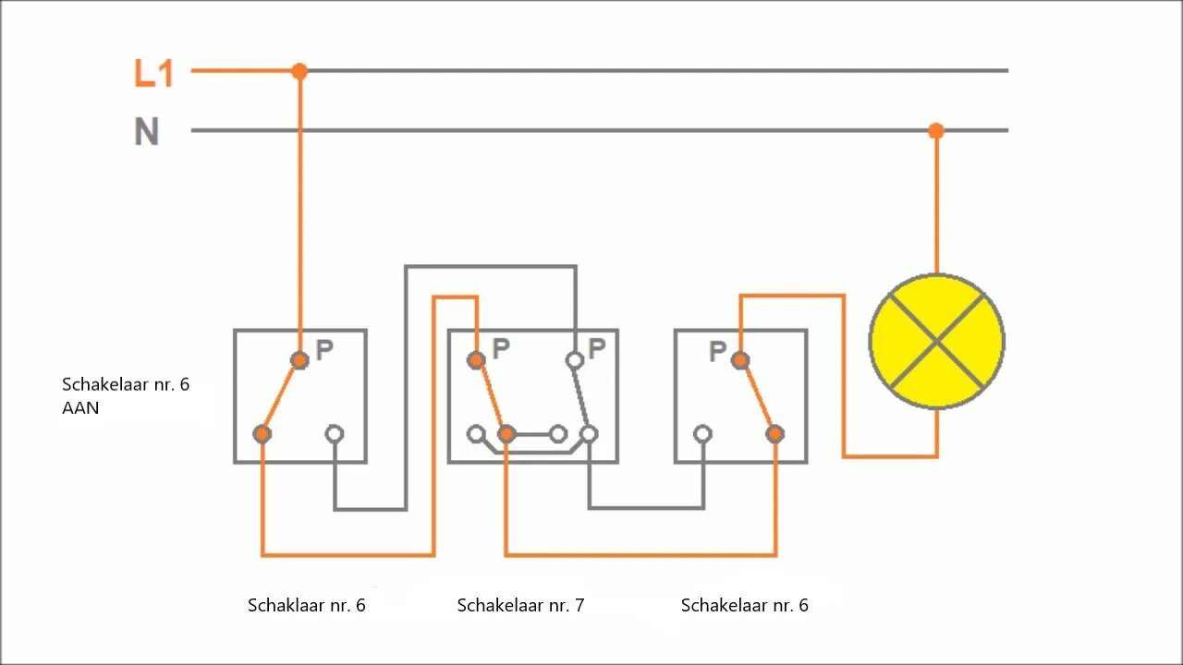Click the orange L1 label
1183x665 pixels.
click(153, 73)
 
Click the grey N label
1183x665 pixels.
click(147, 132)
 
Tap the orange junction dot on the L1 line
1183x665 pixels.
click(299, 71)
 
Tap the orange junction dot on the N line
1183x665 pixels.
click(936, 131)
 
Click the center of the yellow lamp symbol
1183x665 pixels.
click(937, 342)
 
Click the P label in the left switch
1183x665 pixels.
click(324, 350)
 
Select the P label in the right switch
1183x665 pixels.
click(717, 352)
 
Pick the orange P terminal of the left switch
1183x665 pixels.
click(299, 360)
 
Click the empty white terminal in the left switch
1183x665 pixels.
click(335, 433)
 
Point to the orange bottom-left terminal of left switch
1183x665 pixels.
click(262, 433)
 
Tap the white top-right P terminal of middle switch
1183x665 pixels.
click(574, 360)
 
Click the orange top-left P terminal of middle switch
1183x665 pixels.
click(476, 360)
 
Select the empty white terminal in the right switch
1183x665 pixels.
click(702, 433)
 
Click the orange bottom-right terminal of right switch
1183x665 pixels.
click(775, 433)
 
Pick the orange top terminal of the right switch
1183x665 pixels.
click(739, 360)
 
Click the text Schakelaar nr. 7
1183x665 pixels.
click(520, 606)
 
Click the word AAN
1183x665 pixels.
click(80, 407)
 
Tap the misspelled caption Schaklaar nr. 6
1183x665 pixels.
click(307, 606)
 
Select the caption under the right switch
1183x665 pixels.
click(745, 606)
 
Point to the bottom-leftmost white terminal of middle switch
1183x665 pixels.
click(476, 433)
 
